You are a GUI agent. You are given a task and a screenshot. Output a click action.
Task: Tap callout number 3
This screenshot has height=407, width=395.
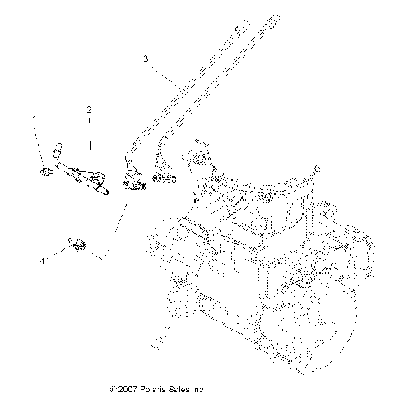click(146, 59)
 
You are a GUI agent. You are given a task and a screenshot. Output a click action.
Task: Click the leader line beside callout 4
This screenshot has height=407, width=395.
click(56, 253)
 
